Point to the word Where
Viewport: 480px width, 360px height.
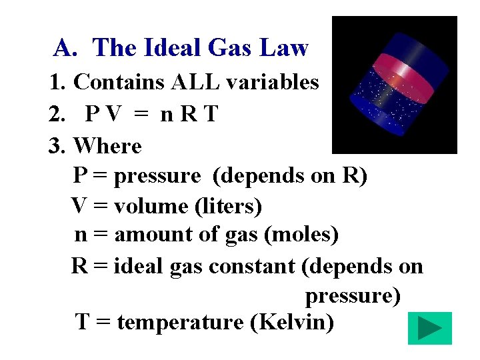pos(107,145)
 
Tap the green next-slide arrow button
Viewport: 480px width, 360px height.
pos(429,329)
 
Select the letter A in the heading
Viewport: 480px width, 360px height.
pos(63,48)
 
